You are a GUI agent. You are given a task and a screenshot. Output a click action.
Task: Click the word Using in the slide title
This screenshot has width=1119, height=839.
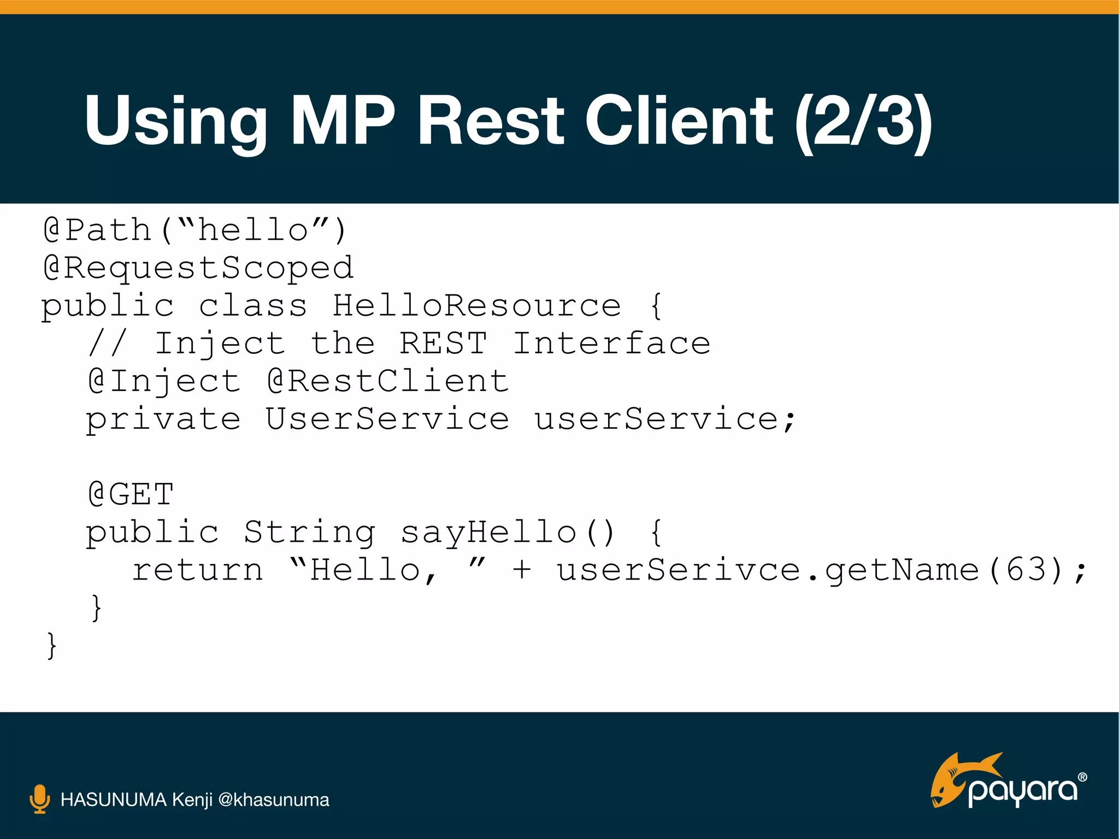click(x=175, y=121)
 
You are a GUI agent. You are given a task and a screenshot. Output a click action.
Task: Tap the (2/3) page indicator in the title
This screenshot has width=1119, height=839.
click(x=863, y=121)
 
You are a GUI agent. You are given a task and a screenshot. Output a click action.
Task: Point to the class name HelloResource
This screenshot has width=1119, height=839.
click(x=476, y=305)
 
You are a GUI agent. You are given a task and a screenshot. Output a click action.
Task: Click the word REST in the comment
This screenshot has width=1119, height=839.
click(x=443, y=344)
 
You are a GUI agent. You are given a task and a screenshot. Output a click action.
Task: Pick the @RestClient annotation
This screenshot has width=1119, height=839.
click(x=388, y=381)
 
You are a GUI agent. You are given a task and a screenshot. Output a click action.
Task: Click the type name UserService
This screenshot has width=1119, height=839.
click(x=387, y=419)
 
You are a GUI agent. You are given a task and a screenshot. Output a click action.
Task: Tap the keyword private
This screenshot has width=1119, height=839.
click(x=163, y=419)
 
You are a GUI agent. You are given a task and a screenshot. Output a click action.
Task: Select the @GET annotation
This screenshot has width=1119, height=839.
click(x=131, y=495)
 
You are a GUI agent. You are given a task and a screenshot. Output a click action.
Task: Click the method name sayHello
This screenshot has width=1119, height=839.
click(x=488, y=533)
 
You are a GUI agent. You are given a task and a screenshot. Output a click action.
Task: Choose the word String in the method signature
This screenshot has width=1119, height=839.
click(x=309, y=533)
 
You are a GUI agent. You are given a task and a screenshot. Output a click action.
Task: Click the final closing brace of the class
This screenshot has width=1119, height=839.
click(x=51, y=646)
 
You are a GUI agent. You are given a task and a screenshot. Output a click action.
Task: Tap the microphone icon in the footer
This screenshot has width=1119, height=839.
click(x=39, y=799)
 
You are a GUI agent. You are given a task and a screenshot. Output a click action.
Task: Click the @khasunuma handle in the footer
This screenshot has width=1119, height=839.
click(x=273, y=800)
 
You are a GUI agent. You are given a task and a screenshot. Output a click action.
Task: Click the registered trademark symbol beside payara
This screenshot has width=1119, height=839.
click(x=1082, y=777)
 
